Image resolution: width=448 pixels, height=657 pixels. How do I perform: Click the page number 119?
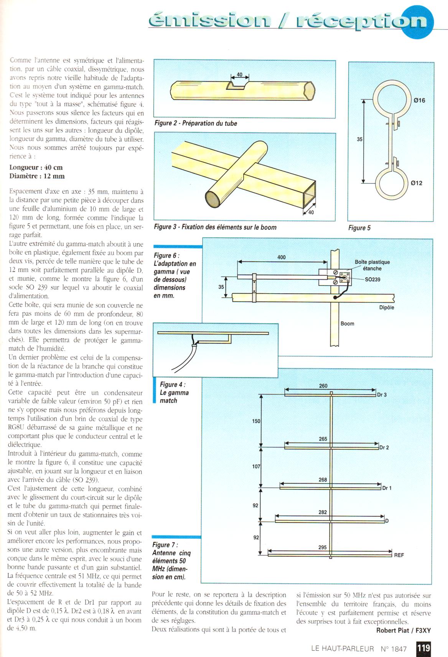tap(423, 648)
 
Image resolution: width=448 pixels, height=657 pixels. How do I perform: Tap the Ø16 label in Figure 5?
tap(419, 101)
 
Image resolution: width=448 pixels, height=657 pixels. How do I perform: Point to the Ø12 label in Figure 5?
tap(416, 183)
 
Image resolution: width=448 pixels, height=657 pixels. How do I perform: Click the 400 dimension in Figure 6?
tap(282, 257)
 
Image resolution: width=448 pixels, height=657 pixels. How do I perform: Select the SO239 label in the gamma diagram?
tap(372, 279)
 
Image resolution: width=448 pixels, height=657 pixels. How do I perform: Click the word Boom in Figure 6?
tap(348, 324)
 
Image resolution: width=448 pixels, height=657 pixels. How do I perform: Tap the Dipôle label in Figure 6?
tap(386, 307)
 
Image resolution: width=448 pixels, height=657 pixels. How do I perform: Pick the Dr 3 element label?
tap(382, 395)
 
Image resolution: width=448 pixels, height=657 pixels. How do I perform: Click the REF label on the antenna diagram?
tap(399, 555)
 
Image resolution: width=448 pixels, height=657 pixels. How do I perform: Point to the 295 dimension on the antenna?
tap(323, 547)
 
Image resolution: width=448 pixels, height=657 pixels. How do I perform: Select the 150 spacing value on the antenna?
tap(256, 421)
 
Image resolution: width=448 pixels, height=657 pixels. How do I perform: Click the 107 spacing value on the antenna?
tap(256, 467)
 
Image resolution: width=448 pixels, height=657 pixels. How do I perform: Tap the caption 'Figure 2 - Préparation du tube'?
tap(196, 123)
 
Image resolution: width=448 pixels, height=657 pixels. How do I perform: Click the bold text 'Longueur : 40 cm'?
tap(36, 167)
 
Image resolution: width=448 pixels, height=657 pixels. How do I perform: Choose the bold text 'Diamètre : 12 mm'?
tap(37, 176)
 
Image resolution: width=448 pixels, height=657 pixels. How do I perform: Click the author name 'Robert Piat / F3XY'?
tap(403, 631)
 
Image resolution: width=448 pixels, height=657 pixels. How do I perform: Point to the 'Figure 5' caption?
tap(359, 228)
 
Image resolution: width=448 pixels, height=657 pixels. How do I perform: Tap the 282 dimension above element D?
tap(323, 512)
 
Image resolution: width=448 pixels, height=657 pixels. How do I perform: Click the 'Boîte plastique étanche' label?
tap(372, 265)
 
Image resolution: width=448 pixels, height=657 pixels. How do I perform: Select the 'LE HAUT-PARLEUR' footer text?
tap(343, 649)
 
